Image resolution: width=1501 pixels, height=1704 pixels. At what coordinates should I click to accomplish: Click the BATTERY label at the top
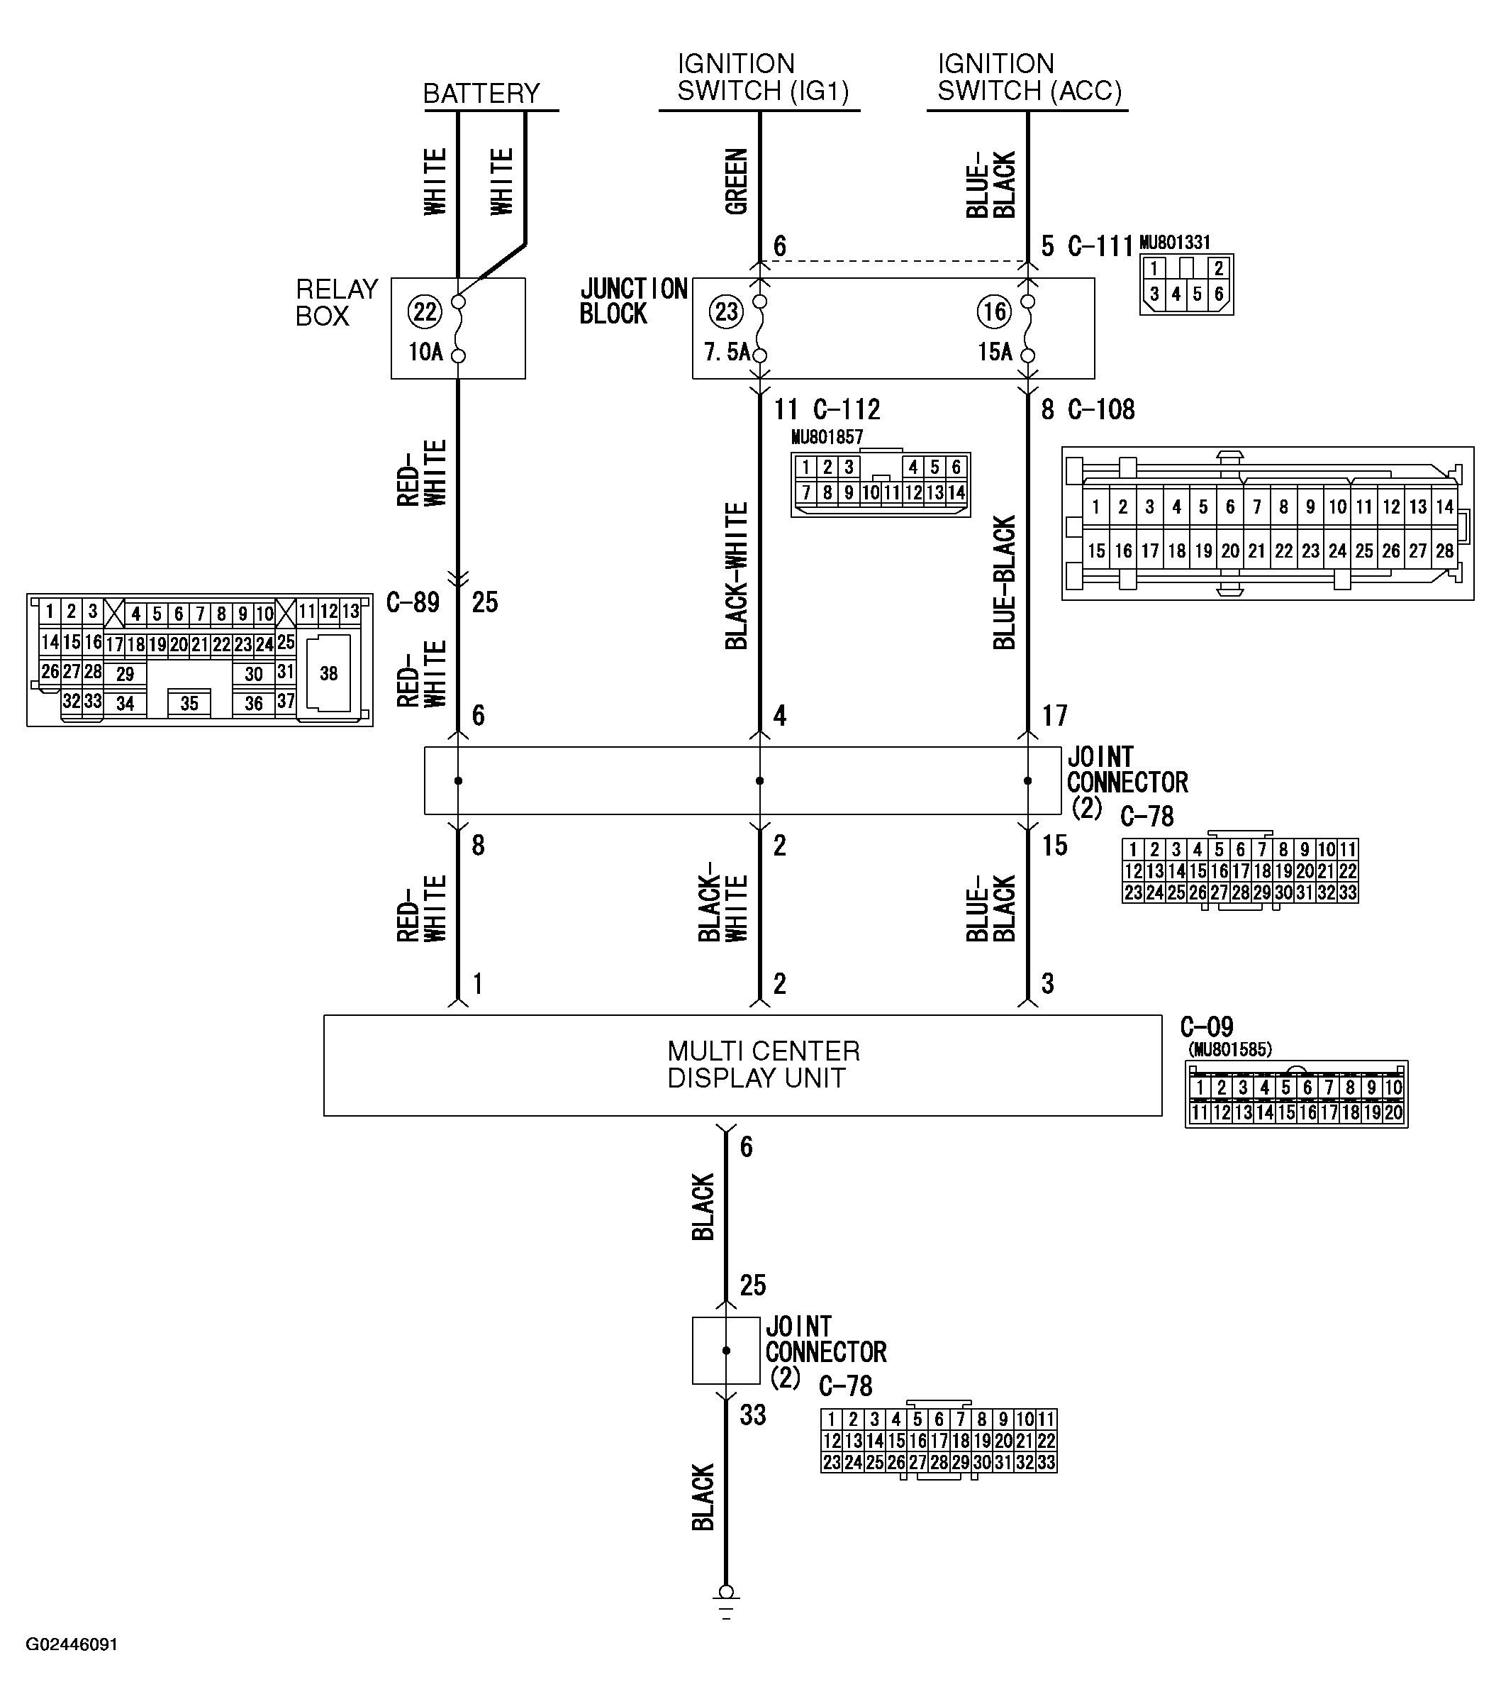481,94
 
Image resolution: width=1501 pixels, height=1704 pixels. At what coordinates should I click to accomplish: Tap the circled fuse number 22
424,312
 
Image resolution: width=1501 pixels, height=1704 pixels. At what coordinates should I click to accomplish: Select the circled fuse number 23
726,312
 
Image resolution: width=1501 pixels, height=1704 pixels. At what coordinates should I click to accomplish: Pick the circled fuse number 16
993,312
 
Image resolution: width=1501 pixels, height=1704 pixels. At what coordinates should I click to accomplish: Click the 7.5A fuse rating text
726,353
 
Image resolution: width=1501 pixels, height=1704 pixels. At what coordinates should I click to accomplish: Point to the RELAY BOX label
337,303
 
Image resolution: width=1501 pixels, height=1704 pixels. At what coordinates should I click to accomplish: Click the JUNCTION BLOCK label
633,301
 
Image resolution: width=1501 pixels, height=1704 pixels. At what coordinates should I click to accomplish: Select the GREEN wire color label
737,182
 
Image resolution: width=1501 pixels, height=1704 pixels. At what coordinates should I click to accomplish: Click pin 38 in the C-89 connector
328,674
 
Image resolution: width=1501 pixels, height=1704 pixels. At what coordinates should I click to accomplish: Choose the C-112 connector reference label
846,410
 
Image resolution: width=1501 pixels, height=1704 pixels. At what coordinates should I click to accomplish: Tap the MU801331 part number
1174,243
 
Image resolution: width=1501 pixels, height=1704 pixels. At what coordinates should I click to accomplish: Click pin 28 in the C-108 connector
1444,551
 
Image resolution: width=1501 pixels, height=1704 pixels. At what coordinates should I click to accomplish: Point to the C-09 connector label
1206,1027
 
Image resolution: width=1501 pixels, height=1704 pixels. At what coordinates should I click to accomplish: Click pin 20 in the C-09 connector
1393,1113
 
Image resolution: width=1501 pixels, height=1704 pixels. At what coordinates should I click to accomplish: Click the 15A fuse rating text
995,353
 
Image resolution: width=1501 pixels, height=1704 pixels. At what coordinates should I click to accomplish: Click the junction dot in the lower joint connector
726,1351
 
